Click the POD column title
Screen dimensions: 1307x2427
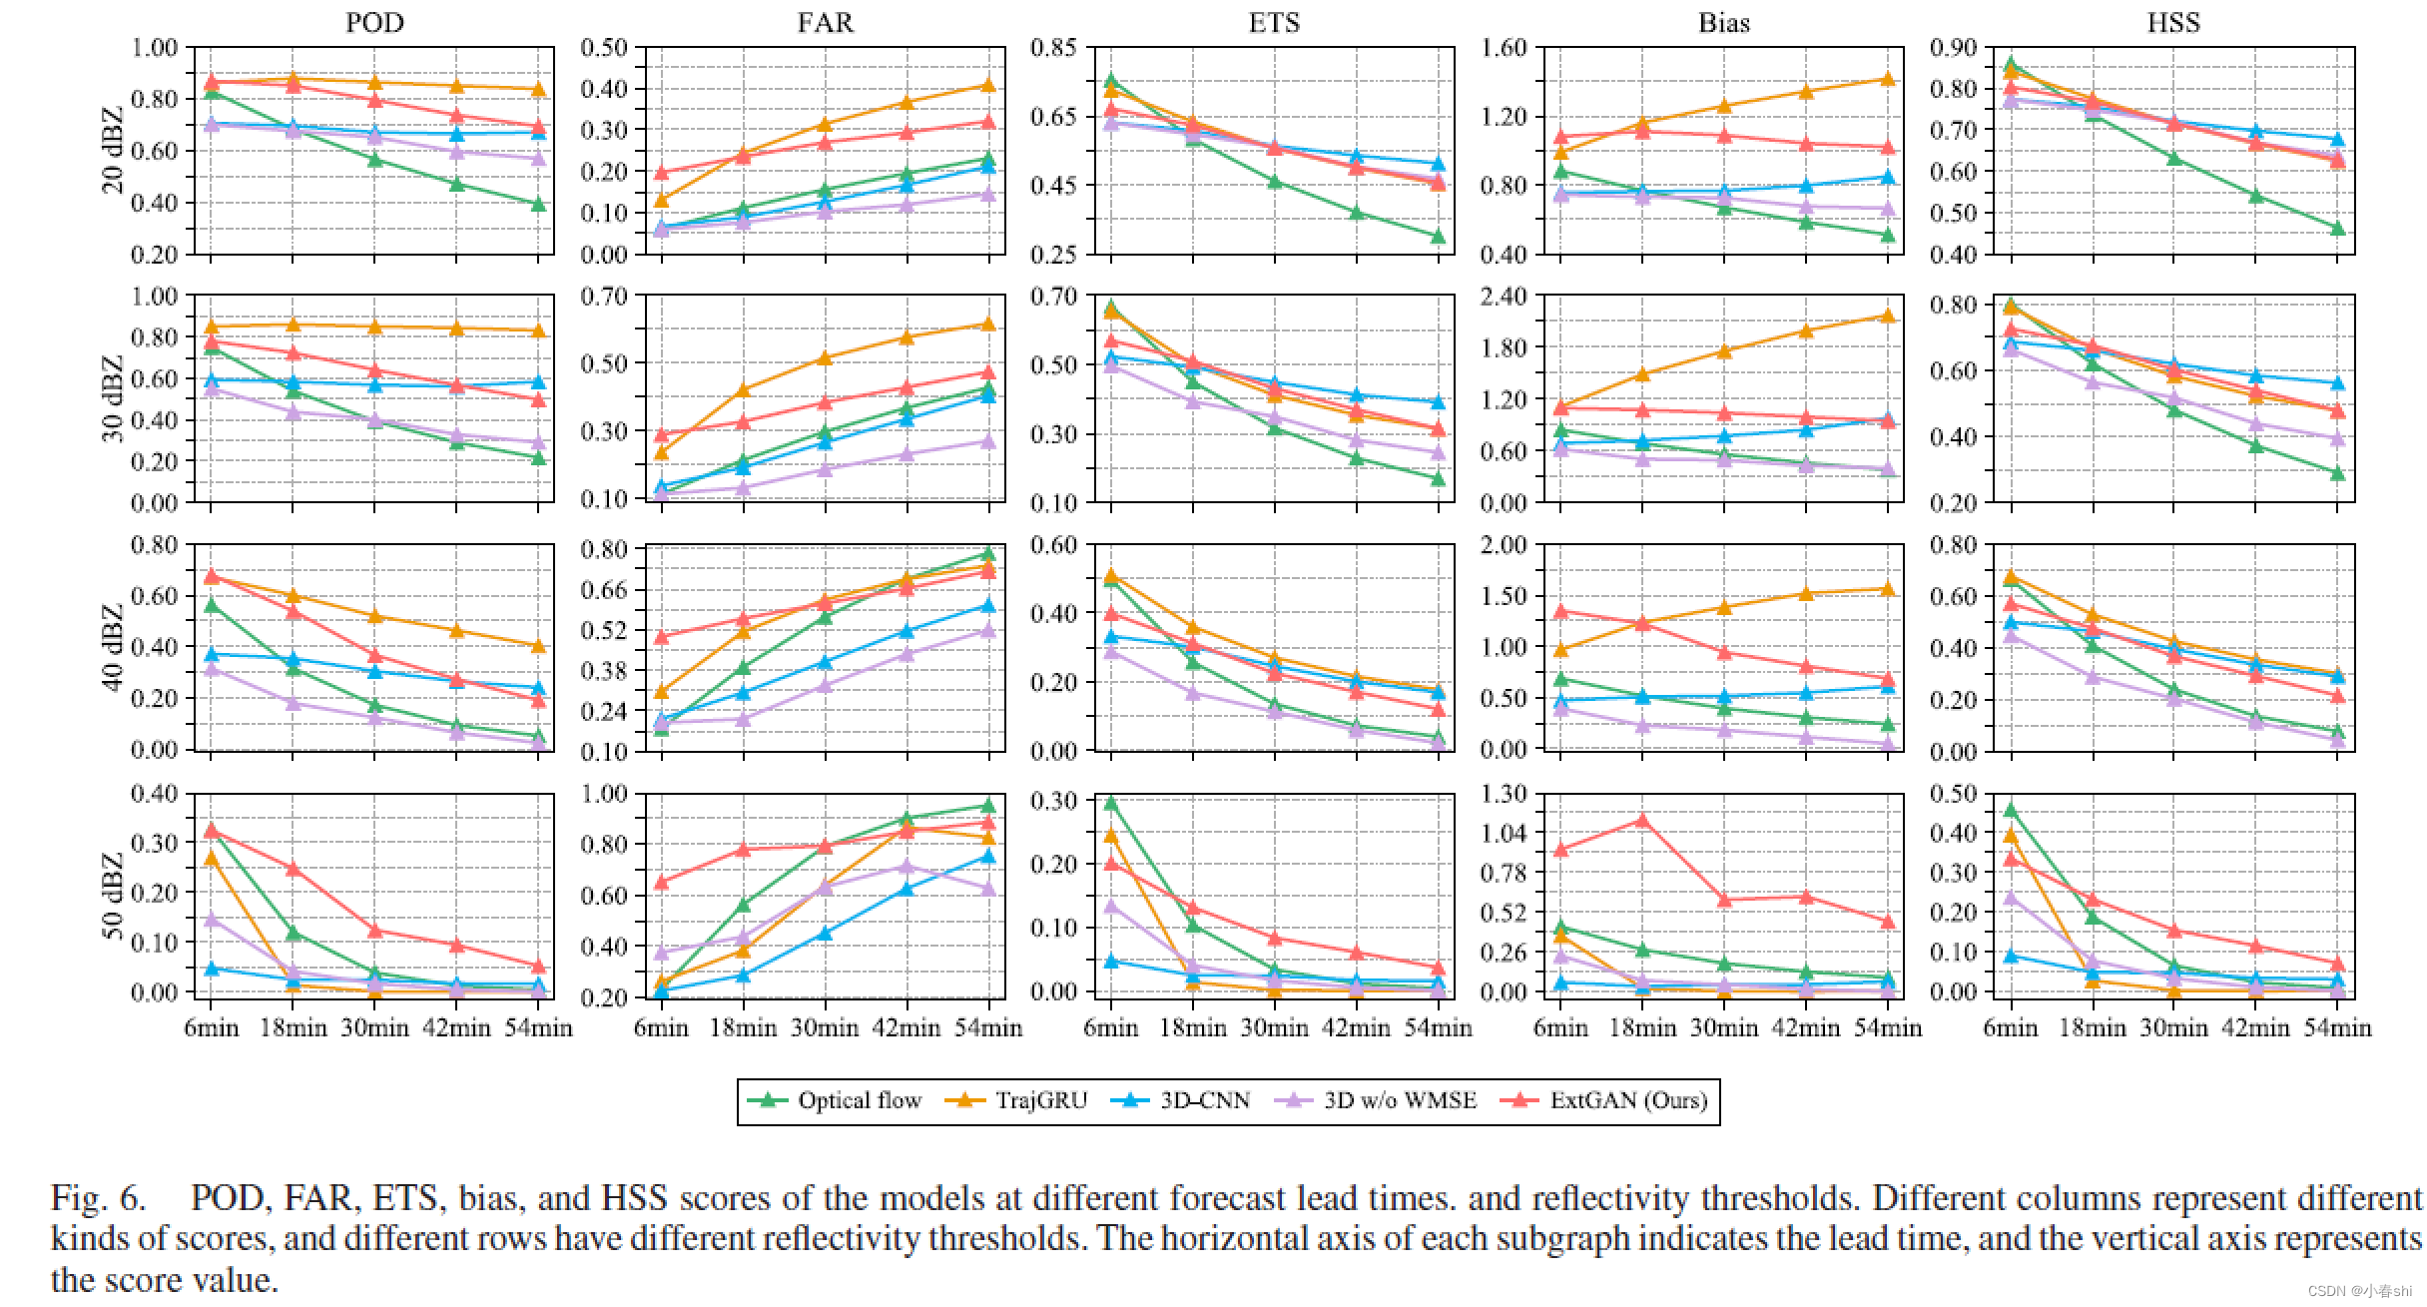tap(374, 22)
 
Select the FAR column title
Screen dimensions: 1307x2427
tap(825, 22)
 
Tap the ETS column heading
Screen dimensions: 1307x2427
tap(1274, 22)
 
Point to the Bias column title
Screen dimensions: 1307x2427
tap(1724, 22)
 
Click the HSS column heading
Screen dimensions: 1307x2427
tap(2173, 22)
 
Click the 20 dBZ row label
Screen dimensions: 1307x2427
tap(113, 150)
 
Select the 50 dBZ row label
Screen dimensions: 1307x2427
tap(113, 896)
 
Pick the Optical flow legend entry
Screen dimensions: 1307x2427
tap(835, 1100)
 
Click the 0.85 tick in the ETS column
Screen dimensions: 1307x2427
tap(1053, 47)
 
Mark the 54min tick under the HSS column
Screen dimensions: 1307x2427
tap(2337, 1027)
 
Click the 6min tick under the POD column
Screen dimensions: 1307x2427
tap(211, 1027)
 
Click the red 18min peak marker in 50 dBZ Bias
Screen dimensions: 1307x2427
tap(1642, 821)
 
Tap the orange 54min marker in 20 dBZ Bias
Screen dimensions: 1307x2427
tap(1888, 79)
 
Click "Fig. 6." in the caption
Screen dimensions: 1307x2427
tap(98, 1197)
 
